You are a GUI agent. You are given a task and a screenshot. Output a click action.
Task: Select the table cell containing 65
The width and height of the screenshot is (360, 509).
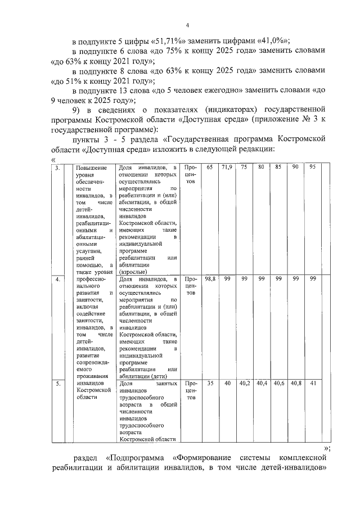209,168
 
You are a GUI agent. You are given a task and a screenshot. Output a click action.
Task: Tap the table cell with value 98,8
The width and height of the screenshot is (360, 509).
209,279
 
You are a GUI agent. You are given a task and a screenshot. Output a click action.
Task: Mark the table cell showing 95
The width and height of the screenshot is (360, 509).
313,168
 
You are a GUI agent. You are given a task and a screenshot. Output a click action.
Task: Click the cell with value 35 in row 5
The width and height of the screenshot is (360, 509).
209,384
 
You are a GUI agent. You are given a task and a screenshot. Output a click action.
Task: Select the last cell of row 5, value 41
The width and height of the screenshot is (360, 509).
313,384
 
